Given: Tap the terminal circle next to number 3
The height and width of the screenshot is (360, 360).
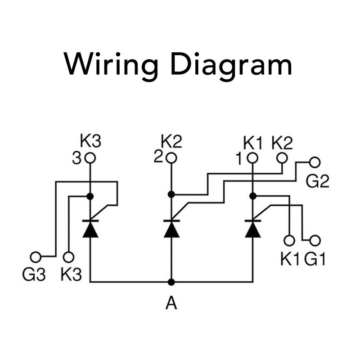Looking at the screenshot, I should click(x=90, y=158).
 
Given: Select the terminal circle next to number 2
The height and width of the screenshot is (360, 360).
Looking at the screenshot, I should click(x=171, y=158).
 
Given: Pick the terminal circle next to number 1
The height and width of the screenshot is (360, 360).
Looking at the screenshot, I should click(x=252, y=158).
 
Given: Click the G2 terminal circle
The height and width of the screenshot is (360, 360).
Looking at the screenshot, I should click(x=315, y=162).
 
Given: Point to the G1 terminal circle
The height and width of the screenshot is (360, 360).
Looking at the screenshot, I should click(x=315, y=240).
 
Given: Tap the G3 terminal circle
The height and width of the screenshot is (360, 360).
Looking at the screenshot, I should click(x=36, y=257).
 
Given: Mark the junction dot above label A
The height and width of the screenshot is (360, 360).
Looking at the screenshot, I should click(x=171, y=282).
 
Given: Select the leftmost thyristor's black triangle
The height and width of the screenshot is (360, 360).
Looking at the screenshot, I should click(x=90, y=229).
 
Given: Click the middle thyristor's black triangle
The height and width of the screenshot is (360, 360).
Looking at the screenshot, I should click(x=171, y=229).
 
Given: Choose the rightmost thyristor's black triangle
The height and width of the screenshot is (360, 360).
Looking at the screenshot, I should click(x=252, y=229).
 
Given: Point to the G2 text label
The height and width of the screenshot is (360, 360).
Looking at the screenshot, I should click(x=317, y=182).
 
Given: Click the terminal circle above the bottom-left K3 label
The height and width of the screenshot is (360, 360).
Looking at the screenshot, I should click(x=68, y=257).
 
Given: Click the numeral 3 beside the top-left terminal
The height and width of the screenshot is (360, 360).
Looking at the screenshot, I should click(x=77, y=158).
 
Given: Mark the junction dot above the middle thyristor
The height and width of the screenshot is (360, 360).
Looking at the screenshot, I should click(x=171, y=194).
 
